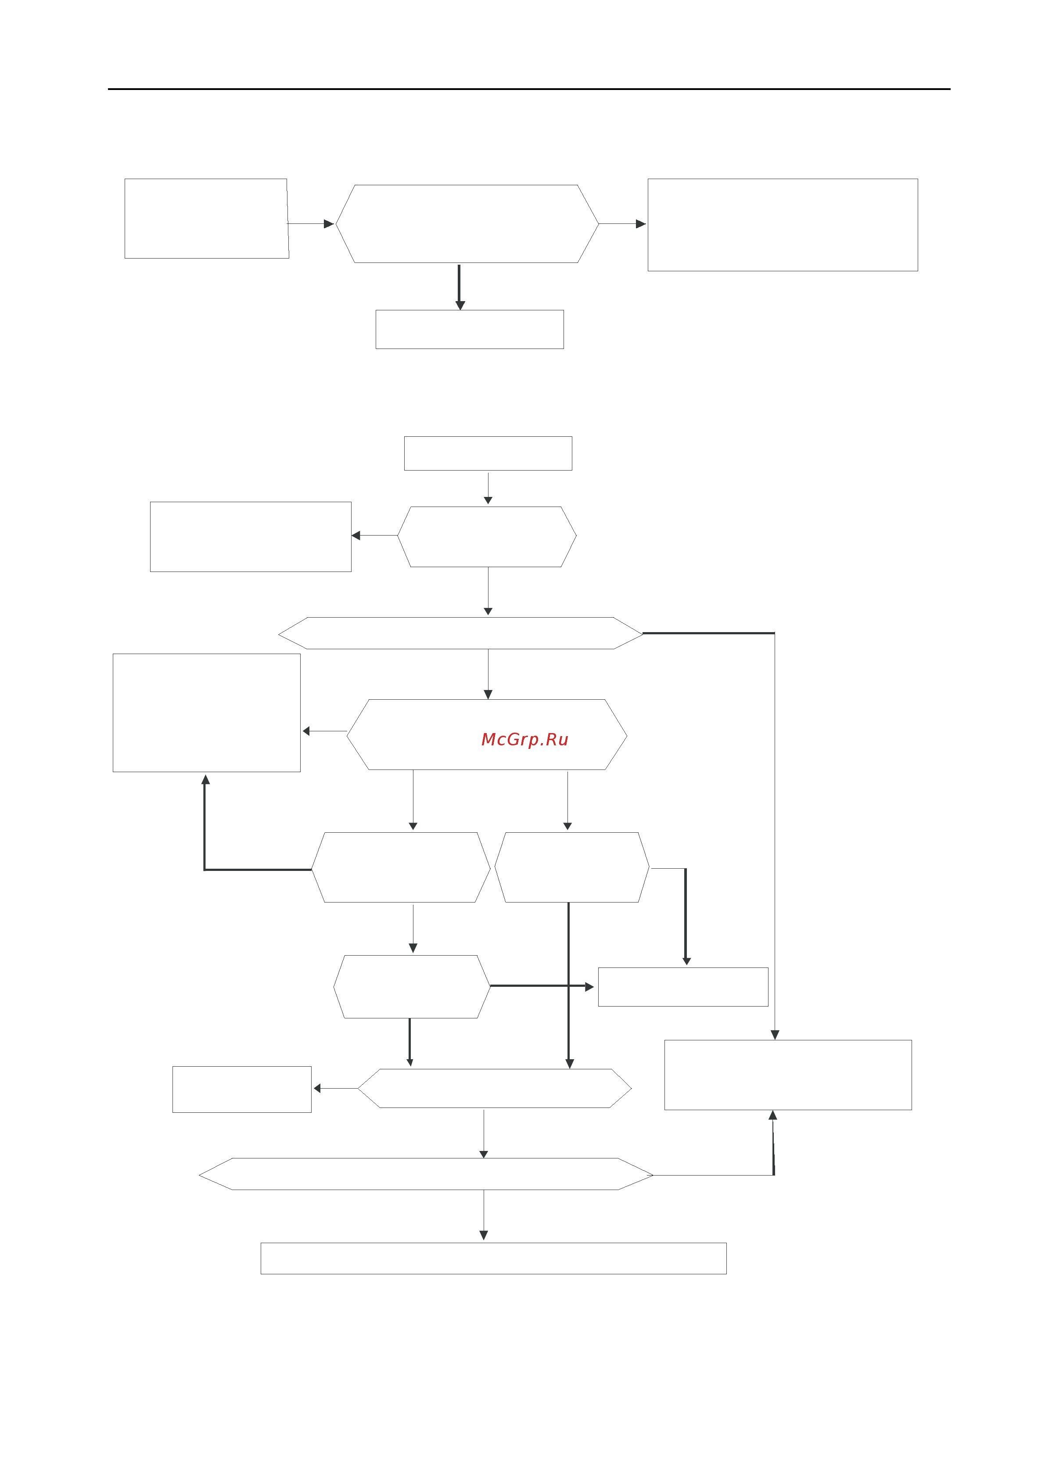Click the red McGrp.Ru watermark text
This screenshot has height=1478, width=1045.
(x=524, y=740)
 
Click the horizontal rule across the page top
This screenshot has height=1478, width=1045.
(x=529, y=89)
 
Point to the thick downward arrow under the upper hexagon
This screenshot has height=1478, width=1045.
(x=460, y=287)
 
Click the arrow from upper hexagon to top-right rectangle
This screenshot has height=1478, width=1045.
(x=622, y=224)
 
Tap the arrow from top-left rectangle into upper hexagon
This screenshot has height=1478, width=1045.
(x=311, y=224)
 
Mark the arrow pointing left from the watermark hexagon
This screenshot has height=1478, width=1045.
(x=325, y=731)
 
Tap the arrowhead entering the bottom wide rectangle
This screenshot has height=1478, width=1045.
(x=484, y=1235)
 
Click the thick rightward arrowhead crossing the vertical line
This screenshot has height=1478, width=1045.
(x=589, y=987)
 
